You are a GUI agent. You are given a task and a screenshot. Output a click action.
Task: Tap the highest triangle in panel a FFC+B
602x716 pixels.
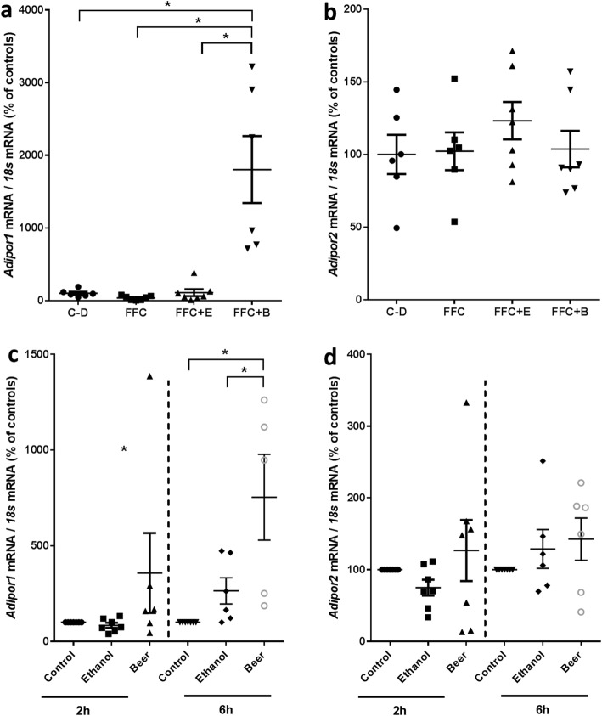point(252,66)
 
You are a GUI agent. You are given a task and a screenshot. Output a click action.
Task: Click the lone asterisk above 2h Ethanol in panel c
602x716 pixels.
point(124,449)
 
